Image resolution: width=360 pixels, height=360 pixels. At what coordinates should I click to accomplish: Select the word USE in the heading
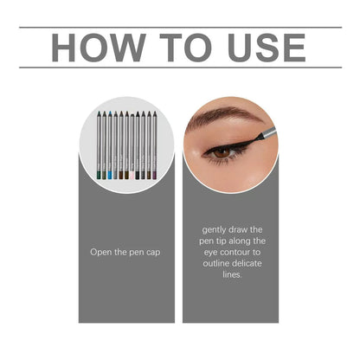(263, 47)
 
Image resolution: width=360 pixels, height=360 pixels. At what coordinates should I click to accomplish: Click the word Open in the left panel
(102, 253)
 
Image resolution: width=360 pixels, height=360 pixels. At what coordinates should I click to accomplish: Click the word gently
(215, 230)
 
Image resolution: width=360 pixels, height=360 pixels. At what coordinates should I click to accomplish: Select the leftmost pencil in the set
(97, 143)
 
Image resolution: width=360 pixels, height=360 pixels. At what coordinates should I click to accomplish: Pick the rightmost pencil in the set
(155, 143)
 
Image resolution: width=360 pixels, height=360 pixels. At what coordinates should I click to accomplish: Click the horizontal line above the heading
(180, 28)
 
